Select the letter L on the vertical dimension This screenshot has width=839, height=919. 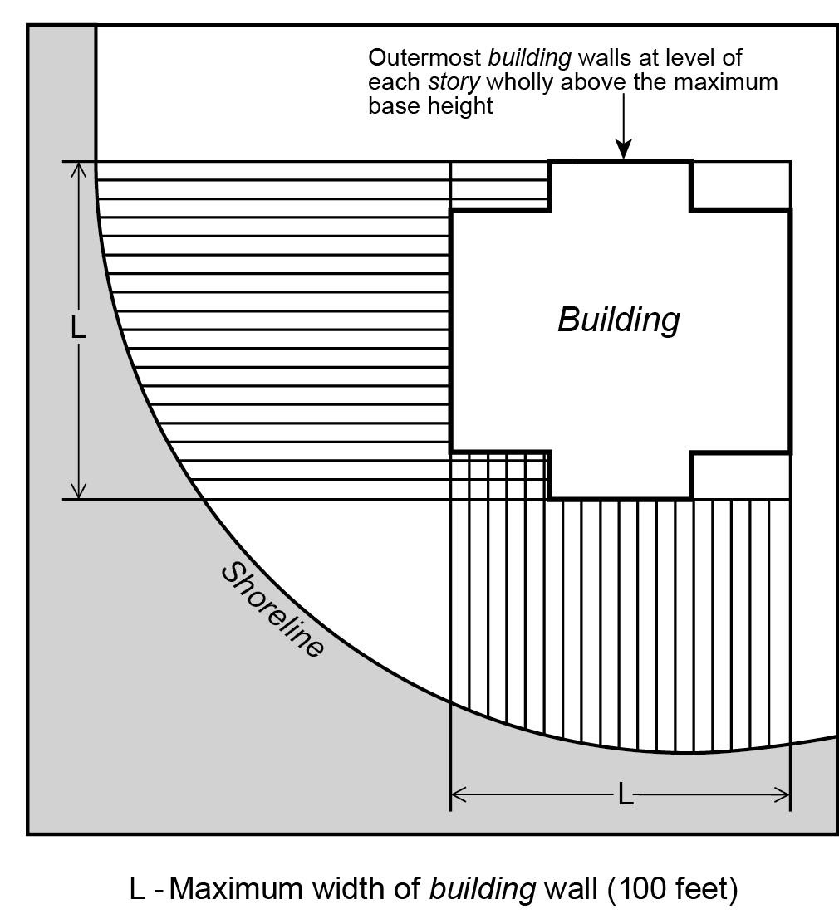(78, 327)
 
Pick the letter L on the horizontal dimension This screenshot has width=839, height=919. (625, 796)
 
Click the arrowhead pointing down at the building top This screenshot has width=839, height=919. (623, 150)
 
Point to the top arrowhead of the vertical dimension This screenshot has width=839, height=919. (78, 169)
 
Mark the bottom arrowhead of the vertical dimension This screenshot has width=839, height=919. (78, 491)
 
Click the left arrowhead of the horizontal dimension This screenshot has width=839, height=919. (459, 796)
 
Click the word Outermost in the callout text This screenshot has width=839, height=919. (424, 58)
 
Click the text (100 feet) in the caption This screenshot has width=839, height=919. (673, 888)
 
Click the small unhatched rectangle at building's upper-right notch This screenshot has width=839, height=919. (740, 185)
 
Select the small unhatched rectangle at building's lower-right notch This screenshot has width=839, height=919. (740, 476)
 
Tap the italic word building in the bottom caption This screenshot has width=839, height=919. (483, 889)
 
